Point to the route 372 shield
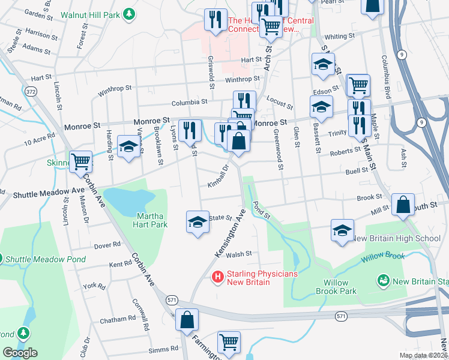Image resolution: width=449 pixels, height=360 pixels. coord(31,91)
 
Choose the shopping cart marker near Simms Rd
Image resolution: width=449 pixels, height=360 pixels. coord(229,343)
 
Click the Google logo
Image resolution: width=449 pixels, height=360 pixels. coord(20,353)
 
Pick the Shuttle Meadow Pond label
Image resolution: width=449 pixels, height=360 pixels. coord(46,260)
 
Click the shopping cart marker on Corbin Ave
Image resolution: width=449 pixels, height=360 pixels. coord(80,161)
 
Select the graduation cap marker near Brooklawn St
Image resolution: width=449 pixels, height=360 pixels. coord(128,147)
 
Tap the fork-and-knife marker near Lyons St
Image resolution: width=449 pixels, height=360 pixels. coord(190,130)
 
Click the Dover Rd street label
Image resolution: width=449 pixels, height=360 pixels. coord(107,245)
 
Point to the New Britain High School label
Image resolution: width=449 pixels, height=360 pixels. coord(396,238)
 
